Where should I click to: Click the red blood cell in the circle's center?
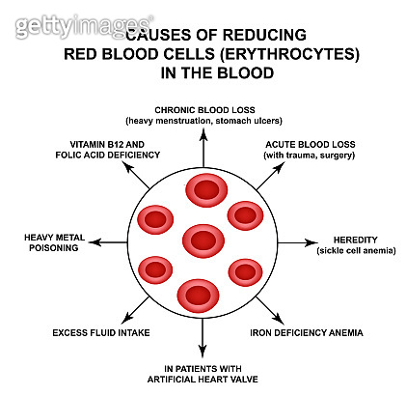click(203, 240)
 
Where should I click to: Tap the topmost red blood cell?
click(203, 190)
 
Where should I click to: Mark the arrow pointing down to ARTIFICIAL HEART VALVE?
click(203, 341)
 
